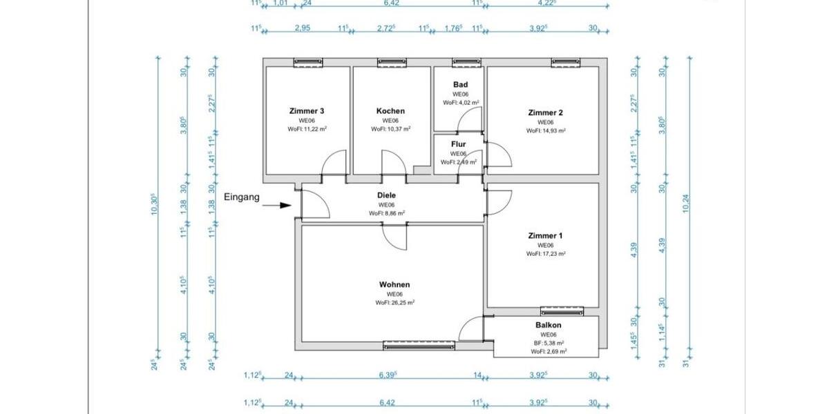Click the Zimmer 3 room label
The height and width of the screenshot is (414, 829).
point(307,111)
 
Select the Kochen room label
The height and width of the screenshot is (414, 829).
point(390,111)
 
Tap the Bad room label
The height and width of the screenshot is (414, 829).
point(461,84)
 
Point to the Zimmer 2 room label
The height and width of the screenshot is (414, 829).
point(546,112)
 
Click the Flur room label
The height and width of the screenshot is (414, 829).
point(459,144)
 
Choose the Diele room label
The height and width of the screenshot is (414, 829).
point(386,195)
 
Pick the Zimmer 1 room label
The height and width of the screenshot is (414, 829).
point(546,236)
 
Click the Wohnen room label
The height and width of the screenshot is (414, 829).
point(394,284)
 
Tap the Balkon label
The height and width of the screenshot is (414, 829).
point(548,325)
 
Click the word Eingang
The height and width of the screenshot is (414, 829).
point(242,197)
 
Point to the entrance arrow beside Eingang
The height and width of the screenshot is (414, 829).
point(280,205)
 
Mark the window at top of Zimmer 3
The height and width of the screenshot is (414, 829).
point(308,63)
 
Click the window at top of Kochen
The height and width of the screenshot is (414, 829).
point(392,63)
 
